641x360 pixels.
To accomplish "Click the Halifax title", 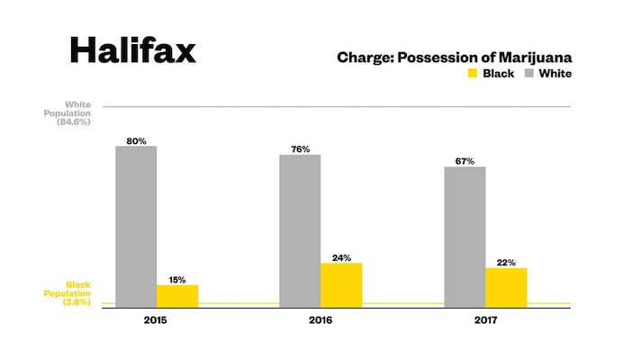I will pos(132,50).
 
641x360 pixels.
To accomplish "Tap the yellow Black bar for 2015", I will pos(177,296).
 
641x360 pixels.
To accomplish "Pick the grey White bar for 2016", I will pos(300,230).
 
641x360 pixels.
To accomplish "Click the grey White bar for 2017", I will pos(465,237).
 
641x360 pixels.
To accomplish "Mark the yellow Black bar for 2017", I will pos(506,287).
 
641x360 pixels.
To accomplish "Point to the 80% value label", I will pos(136,139).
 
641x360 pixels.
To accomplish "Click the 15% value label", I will pos(177,279).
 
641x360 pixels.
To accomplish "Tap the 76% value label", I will pos(300,148).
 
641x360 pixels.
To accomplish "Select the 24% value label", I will pos(341,257).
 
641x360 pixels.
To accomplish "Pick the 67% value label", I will pos(465,160).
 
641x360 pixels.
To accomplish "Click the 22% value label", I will pos(506,262).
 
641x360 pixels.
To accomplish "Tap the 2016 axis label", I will pos(320,319).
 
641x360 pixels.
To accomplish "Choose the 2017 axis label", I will pos(485,319).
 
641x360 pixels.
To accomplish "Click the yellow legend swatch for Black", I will pos(471,74).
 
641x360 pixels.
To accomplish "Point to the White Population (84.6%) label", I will pos(77,112).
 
